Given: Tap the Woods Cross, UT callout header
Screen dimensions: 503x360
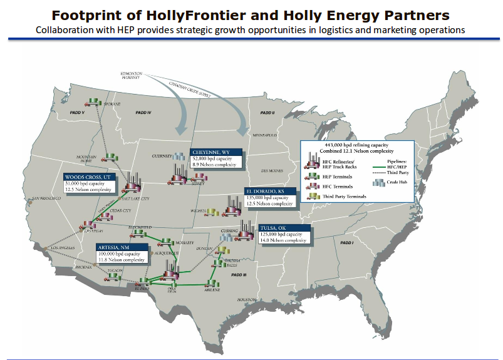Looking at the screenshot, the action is pyautogui.click(x=88, y=177).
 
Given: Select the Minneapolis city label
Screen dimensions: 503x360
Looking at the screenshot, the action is pyautogui.click(x=264, y=135).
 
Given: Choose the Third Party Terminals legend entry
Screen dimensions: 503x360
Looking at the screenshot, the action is pyautogui.click(x=344, y=196).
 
